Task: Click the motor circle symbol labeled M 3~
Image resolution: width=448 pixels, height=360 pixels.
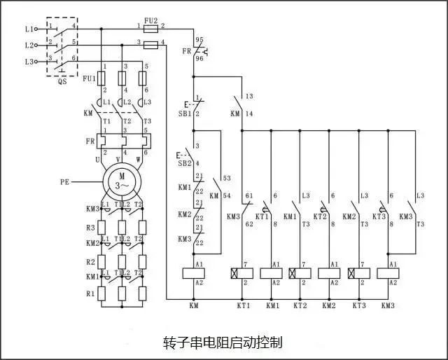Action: (x=122, y=182)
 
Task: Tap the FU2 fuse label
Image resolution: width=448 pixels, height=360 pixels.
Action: (x=151, y=20)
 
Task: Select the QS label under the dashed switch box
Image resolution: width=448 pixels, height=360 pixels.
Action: (x=62, y=81)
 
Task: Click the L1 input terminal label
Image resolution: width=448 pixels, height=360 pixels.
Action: (x=29, y=29)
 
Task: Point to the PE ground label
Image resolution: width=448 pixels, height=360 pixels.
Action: (x=65, y=182)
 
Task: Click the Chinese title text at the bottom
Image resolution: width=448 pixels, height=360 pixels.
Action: (x=223, y=342)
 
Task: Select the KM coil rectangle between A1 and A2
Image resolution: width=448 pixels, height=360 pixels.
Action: (x=193, y=273)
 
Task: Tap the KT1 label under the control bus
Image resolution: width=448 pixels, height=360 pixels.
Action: (x=244, y=305)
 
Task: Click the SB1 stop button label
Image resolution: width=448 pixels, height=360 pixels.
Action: (x=185, y=113)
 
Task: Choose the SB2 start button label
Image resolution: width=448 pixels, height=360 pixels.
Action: (x=185, y=164)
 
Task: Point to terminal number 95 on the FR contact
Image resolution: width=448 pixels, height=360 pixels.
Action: (x=199, y=39)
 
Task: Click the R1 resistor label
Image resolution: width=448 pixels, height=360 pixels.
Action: (x=90, y=293)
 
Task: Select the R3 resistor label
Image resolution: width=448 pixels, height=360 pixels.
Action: (x=90, y=228)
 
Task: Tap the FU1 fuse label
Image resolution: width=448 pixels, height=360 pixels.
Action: (x=89, y=78)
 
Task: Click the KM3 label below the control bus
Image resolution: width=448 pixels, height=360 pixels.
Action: (x=388, y=305)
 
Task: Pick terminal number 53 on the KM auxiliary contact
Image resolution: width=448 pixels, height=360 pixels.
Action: (x=227, y=178)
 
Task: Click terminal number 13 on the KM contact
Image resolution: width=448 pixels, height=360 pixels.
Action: (x=249, y=96)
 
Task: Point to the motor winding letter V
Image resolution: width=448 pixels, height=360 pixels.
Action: (x=118, y=159)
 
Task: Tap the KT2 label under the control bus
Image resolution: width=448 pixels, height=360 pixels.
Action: (x=300, y=305)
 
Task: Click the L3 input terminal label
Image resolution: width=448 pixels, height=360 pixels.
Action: (x=29, y=62)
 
